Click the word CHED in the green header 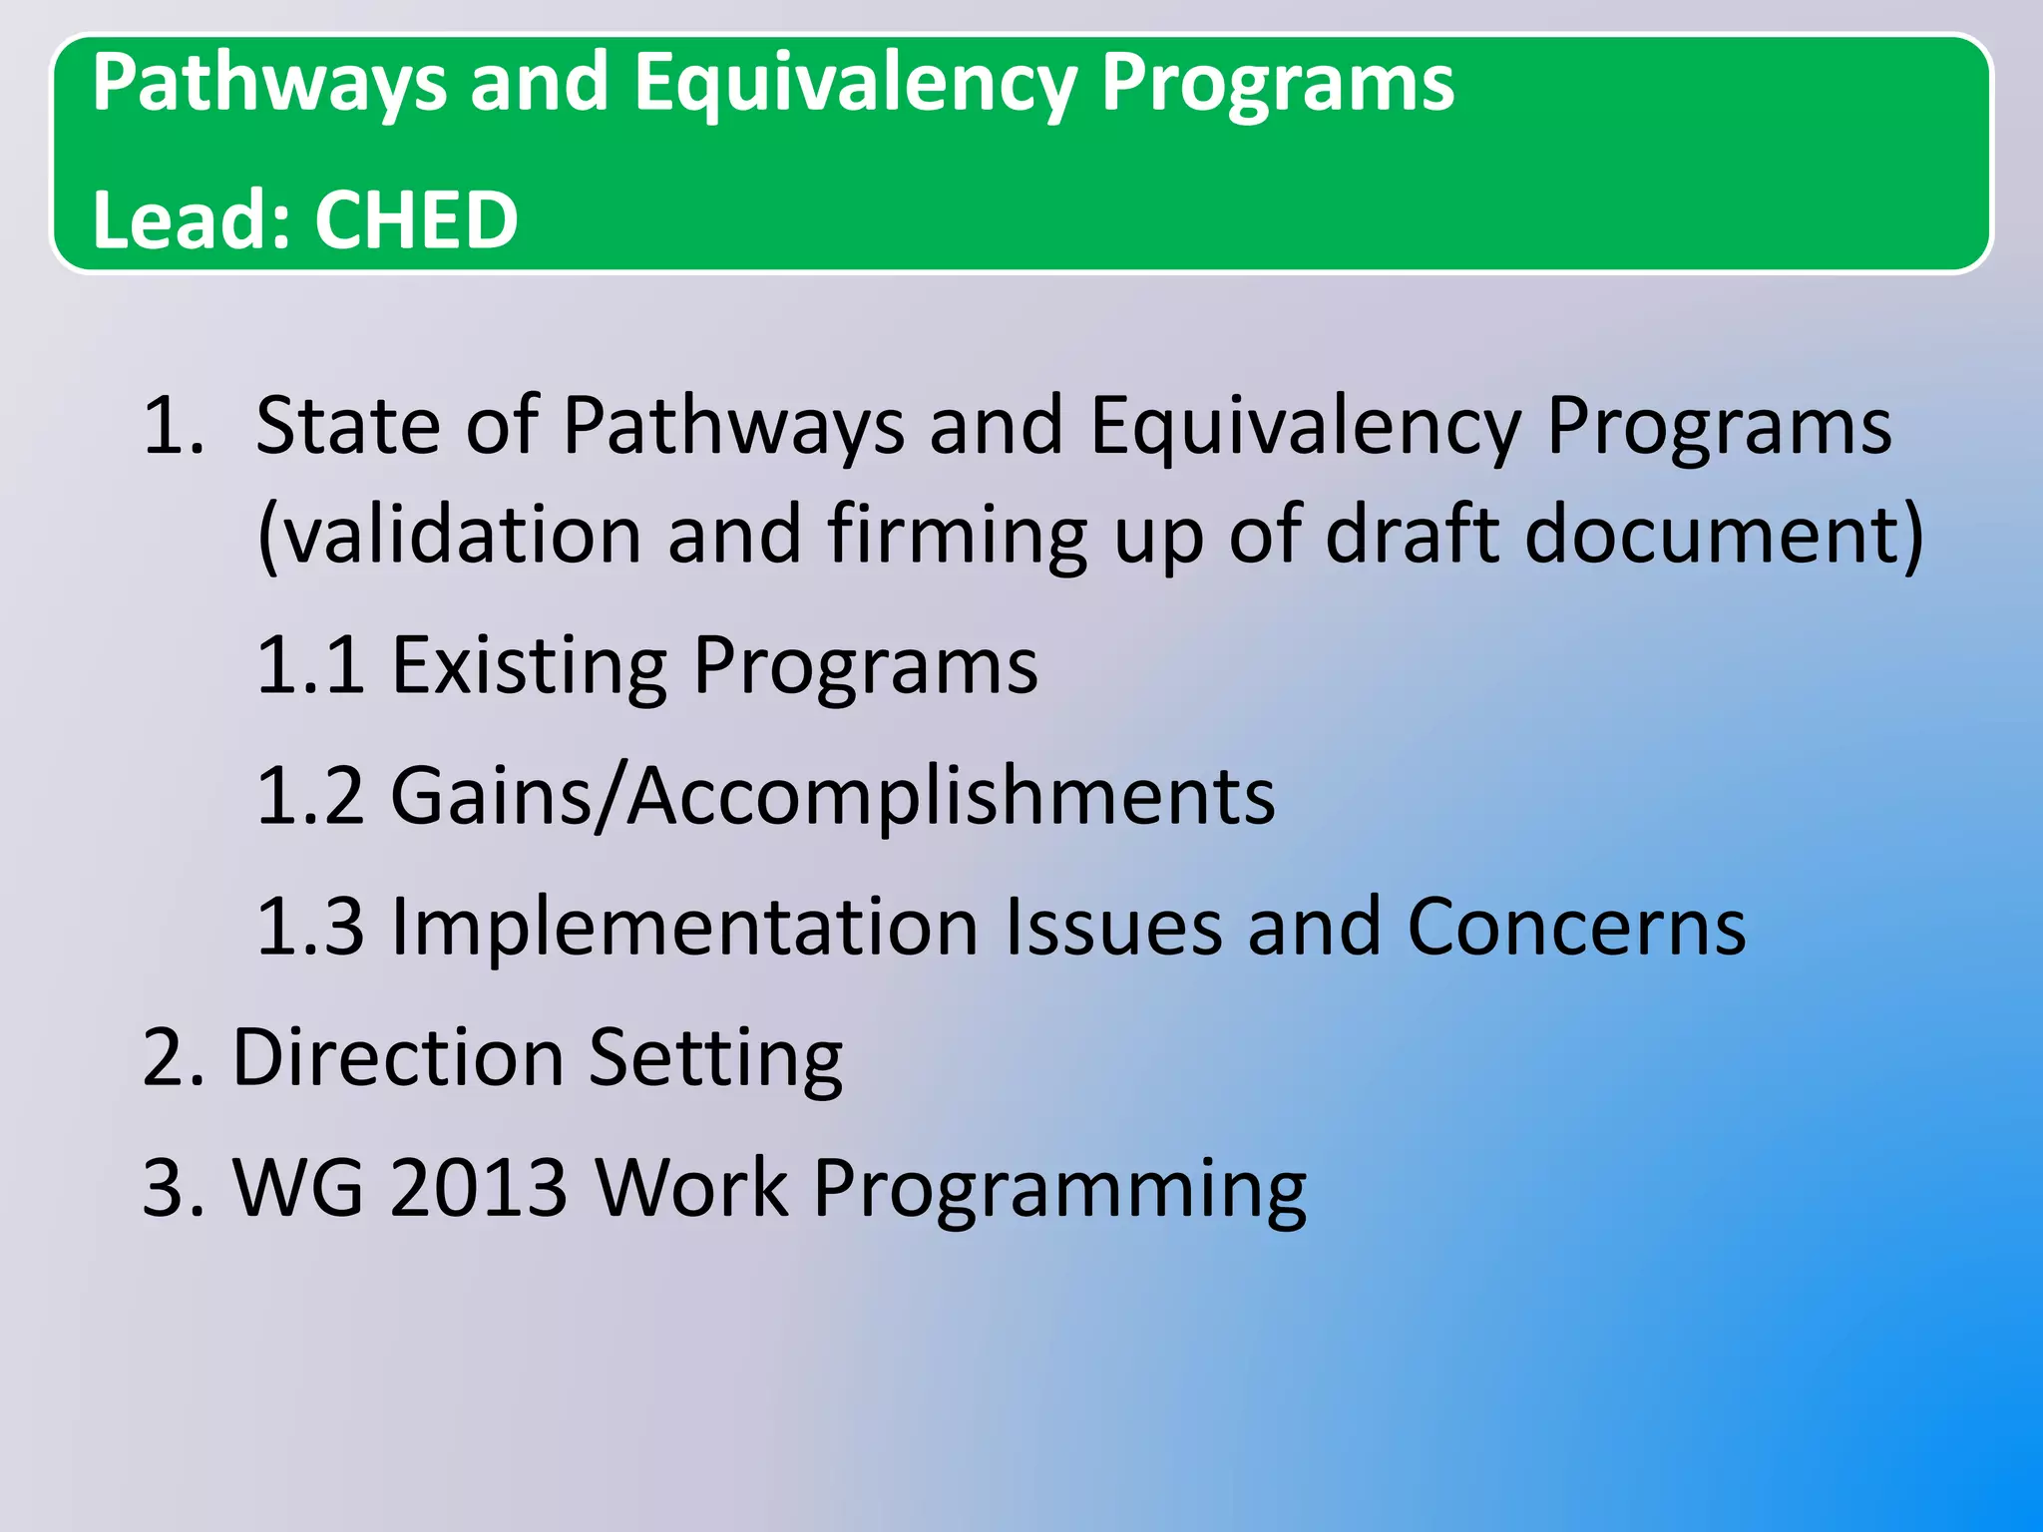(x=416, y=219)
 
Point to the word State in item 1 (x=347, y=426)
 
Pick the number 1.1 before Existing (x=310, y=665)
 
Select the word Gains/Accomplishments (x=833, y=798)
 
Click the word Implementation (x=684, y=928)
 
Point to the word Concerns (x=1576, y=928)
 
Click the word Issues (x=1113, y=928)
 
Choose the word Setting (x=715, y=1059)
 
